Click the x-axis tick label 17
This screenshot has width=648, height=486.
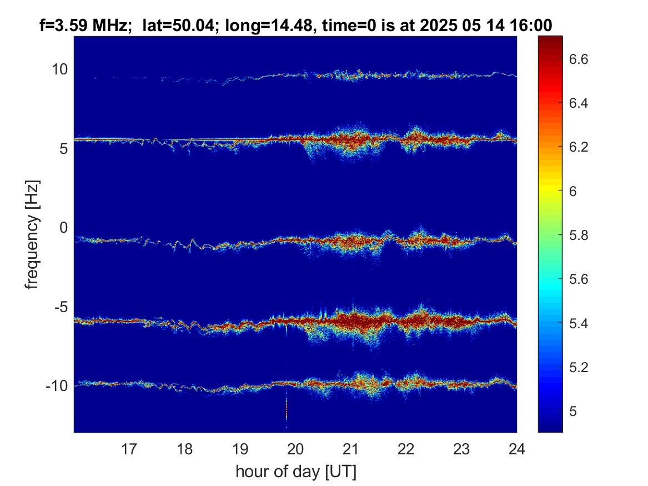[x=129, y=449]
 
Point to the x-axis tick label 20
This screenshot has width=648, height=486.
[x=295, y=449]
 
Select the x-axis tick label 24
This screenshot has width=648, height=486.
[x=516, y=449]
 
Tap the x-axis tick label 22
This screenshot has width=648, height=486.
[x=406, y=449]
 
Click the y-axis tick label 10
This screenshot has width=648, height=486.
[x=59, y=69]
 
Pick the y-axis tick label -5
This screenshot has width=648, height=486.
[x=57, y=307]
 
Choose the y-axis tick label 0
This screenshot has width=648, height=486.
[x=64, y=227]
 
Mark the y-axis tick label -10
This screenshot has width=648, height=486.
[x=57, y=386]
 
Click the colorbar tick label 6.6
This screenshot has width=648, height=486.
[x=578, y=59]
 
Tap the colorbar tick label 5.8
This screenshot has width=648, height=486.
[x=578, y=235]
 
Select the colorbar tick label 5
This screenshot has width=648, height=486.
[x=573, y=411]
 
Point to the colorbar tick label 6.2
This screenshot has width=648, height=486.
[x=578, y=147]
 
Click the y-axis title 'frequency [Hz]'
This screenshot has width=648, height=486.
[x=32, y=235]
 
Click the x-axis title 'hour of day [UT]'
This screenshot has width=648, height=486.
[x=296, y=472]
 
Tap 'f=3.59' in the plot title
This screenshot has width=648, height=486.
[x=64, y=26]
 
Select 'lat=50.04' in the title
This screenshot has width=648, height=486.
[x=178, y=26]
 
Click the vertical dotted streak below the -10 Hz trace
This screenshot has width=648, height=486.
[x=287, y=413]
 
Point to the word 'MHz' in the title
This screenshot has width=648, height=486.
[x=109, y=26]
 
